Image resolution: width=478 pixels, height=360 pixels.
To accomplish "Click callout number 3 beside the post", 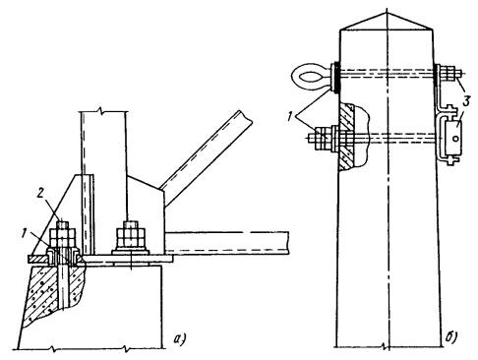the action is [x=465, y=100].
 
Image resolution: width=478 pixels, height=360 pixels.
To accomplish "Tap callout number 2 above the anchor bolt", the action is [x=39, y=194].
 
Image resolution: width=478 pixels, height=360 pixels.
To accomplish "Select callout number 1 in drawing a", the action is [x=24, y=234].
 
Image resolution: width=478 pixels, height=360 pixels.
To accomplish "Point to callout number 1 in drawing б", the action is [x=289, y=116].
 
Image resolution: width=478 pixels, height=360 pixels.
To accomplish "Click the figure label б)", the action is [x=452, y=337].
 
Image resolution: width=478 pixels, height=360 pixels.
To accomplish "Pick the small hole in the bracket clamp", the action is [x=455, y=139].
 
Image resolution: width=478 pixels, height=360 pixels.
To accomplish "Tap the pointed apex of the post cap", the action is [x=388, y=13].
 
